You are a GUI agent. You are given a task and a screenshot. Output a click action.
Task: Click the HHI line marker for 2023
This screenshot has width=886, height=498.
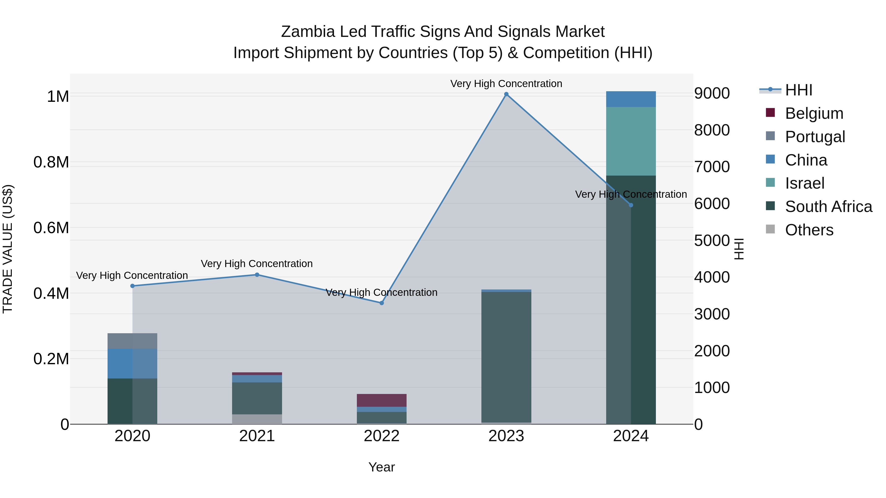click(506, 94)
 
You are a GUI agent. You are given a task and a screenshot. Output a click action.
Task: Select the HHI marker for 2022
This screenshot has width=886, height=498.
click(381, 303)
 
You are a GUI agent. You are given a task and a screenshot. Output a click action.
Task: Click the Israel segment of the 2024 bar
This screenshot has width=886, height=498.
click(631, 141)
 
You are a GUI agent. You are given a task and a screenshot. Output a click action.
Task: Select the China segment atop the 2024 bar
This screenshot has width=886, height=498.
click(631, 99)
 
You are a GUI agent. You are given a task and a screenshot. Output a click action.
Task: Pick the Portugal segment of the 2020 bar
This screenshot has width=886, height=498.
click(132, 341)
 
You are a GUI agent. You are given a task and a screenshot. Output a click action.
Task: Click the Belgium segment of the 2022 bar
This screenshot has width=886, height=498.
click(381, 400)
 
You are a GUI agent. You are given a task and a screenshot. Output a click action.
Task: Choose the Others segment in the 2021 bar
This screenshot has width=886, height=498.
click(257, 419)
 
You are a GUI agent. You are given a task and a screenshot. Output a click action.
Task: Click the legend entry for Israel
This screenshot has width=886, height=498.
click(805, 183)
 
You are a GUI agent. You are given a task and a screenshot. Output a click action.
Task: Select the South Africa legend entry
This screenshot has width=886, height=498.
click(828, 207)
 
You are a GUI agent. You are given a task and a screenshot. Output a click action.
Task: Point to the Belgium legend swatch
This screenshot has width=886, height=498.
click(770, 113)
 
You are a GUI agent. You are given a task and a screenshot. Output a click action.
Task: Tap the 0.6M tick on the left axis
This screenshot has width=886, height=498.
click(51, 228)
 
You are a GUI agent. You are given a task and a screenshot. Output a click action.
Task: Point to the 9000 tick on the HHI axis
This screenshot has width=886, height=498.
click(712, 93)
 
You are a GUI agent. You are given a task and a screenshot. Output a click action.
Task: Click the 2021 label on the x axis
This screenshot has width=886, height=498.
click(257, 436)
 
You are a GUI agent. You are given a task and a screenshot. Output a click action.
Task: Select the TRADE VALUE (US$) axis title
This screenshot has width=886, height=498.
click(8, 249)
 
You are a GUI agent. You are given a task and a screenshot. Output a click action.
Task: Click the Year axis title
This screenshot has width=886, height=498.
click(381, 467)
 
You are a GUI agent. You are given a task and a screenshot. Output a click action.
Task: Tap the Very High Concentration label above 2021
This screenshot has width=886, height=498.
click(257, 264)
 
